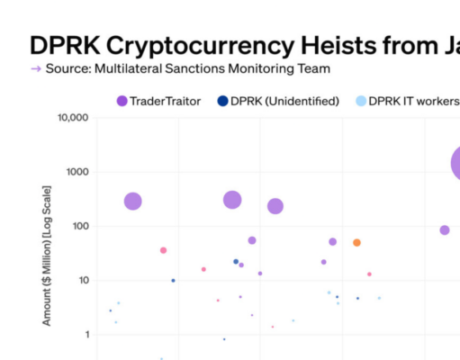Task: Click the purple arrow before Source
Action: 35,68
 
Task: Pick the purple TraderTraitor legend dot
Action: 122,101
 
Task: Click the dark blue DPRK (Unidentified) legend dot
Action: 222,101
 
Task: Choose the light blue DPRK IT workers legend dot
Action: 361,101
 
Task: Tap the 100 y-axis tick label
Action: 77,226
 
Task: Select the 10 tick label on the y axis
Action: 80,280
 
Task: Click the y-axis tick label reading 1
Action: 84,334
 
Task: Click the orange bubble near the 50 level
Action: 356,243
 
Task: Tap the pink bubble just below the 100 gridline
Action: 163,250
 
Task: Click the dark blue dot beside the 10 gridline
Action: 174,281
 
